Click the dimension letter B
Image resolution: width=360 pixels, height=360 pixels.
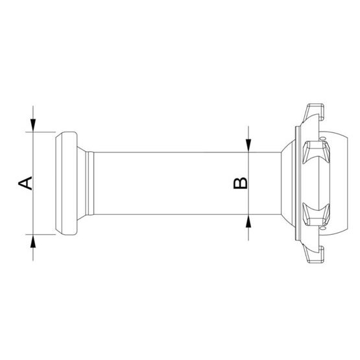click(x=239, y=183)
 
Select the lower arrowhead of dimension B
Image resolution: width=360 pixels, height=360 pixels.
click(x=248, y=221)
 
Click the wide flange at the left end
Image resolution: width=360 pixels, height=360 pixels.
click(x=66, y=183)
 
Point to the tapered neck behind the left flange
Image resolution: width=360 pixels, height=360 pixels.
click(x=83, y=183)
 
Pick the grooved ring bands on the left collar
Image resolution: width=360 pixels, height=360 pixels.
click(x=91, y=183)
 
